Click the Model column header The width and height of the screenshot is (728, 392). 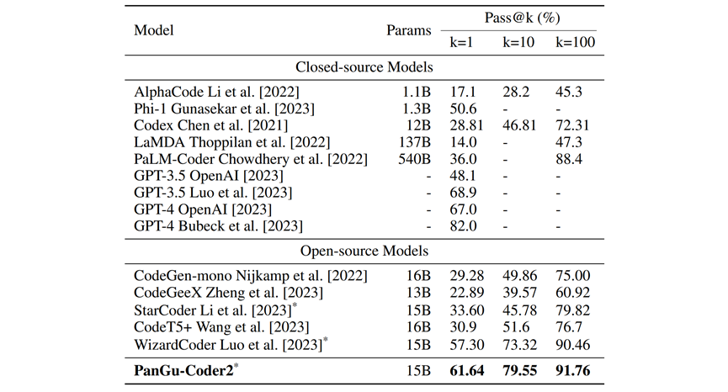click(x=152, y=29)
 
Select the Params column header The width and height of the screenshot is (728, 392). click(x=409, y=29)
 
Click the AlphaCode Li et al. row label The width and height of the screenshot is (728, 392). click(x=216, y=91)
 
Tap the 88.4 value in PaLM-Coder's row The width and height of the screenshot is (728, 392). click(x=570, y=159)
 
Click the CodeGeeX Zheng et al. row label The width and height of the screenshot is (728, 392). click(x=218, y=292)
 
